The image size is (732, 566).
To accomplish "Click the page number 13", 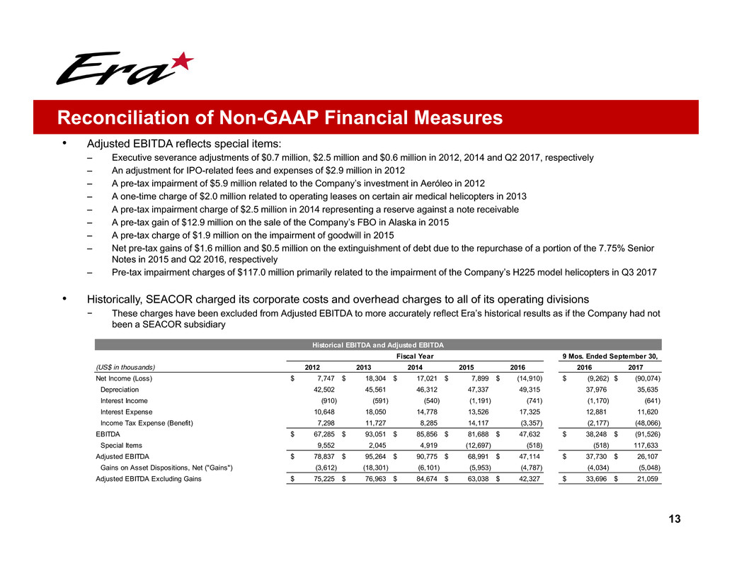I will point(675,519).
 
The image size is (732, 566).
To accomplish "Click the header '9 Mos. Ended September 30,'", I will point(611,356).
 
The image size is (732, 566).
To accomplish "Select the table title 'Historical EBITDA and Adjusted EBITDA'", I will point(378,345).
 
